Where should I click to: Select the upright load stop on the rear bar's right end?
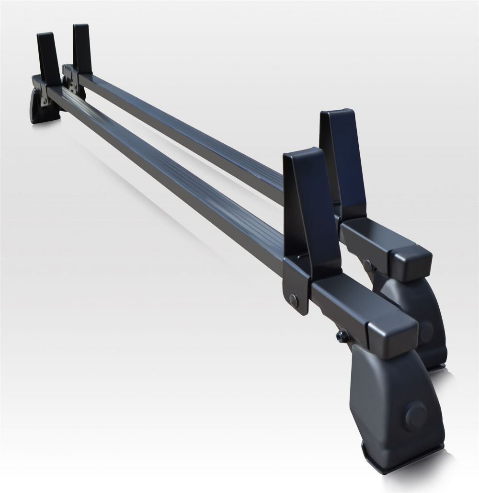[x=344, y=158]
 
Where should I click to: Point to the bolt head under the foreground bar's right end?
[x=341, y=335]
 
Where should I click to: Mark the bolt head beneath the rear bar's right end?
[x=368, y=265]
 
